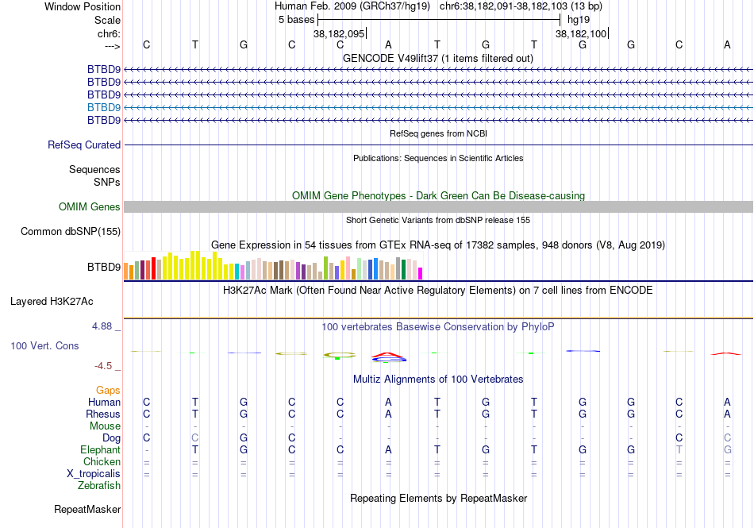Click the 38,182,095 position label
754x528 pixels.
339,33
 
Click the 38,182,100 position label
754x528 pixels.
581,33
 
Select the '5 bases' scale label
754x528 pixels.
296,20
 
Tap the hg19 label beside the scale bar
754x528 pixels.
579,20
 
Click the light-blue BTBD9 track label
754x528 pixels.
104,107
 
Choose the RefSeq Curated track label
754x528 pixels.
84,145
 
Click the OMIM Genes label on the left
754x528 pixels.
90,207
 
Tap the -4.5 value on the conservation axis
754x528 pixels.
106,366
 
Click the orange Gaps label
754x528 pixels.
108,391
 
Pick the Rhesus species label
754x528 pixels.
103,414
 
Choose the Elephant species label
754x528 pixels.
100,450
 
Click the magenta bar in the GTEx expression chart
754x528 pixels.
421,273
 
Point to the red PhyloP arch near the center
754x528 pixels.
387,354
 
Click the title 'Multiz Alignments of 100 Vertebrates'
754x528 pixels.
438,380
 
